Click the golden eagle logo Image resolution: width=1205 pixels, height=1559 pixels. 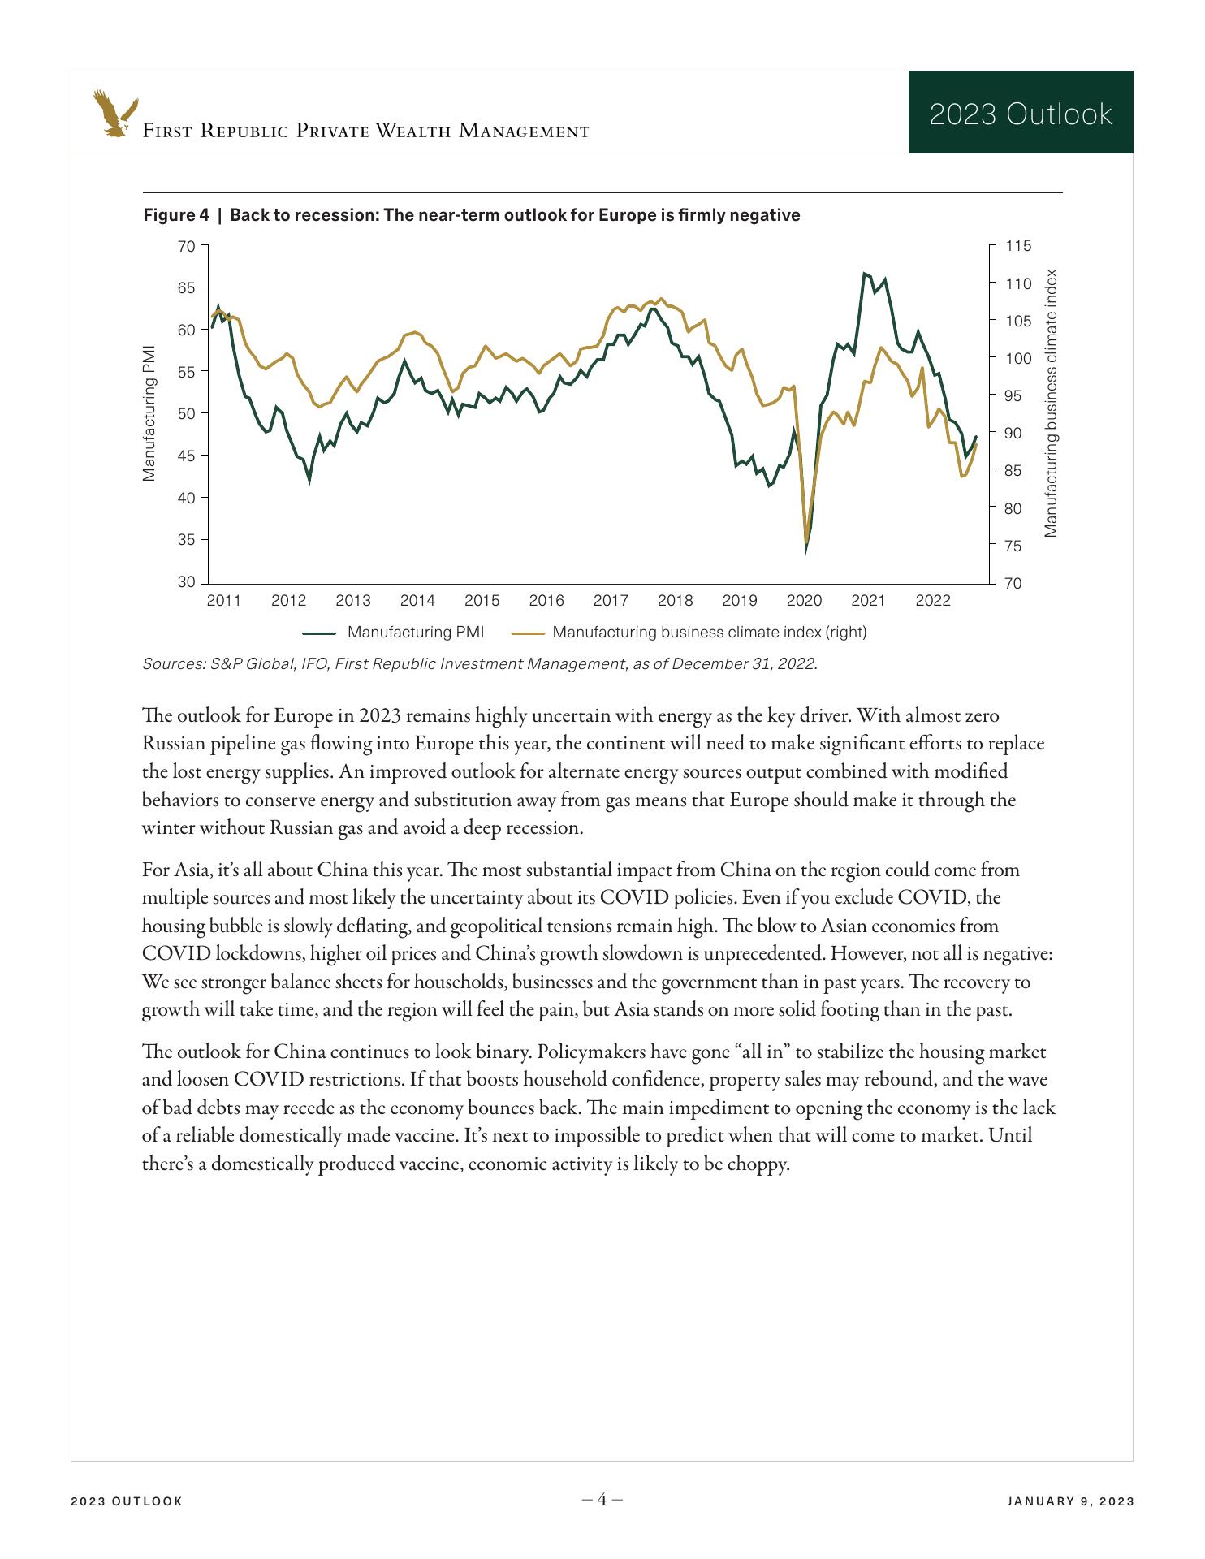point(114,112)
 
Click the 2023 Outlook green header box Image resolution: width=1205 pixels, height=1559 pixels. point(1020,113)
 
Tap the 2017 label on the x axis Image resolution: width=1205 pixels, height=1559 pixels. point(611,601)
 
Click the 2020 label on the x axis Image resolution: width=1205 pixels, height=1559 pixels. point(804,601)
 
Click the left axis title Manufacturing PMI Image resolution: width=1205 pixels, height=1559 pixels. point(149,414)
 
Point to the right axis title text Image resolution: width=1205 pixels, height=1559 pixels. point(1052,403)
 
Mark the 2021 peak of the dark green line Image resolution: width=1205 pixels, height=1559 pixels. point(865,274)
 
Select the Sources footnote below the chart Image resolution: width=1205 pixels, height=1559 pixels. point(480,663)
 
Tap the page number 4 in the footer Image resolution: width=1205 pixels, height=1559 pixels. point(602,1500)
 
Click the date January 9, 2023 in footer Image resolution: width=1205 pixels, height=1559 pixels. point(1070,1501)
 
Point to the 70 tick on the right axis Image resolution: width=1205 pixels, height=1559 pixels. point(1013,583)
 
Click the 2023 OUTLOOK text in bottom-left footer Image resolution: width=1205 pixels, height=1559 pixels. point(127,1501)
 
